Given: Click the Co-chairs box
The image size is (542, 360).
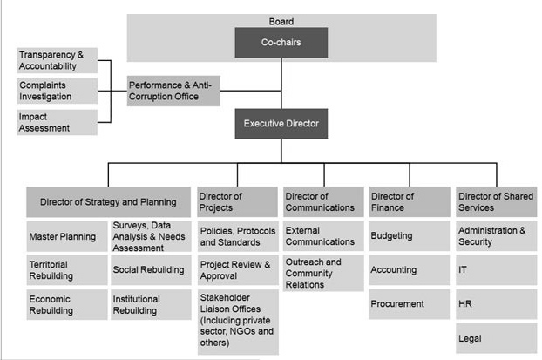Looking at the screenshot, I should point(281,42).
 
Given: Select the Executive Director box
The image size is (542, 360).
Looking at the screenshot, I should point(281,124).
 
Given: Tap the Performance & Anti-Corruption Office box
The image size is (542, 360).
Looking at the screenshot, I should point(173,90).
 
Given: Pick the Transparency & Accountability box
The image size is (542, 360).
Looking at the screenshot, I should point(56,60).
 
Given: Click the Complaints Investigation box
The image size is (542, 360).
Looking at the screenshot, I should point(56,91).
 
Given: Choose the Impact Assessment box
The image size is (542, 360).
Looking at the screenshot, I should point(56,121).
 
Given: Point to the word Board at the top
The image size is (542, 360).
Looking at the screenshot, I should point(281,21).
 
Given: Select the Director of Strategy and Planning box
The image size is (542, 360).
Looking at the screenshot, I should point(108,202).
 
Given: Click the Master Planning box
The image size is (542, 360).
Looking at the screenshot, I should point(66,235).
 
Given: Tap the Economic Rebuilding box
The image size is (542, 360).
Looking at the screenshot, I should point(66,304).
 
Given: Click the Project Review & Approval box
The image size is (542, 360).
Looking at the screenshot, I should point(237,269).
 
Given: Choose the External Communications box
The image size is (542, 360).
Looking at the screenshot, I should point(323,235).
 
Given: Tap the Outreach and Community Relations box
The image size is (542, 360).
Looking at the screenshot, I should point(323,273).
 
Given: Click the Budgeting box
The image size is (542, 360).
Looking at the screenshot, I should point(409,235).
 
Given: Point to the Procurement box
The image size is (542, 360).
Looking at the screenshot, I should point(409,304).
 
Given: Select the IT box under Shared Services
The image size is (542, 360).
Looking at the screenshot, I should point(495,269).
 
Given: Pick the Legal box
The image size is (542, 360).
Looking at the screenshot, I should point(495,336).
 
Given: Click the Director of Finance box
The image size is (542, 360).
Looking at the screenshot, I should point(409,202).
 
